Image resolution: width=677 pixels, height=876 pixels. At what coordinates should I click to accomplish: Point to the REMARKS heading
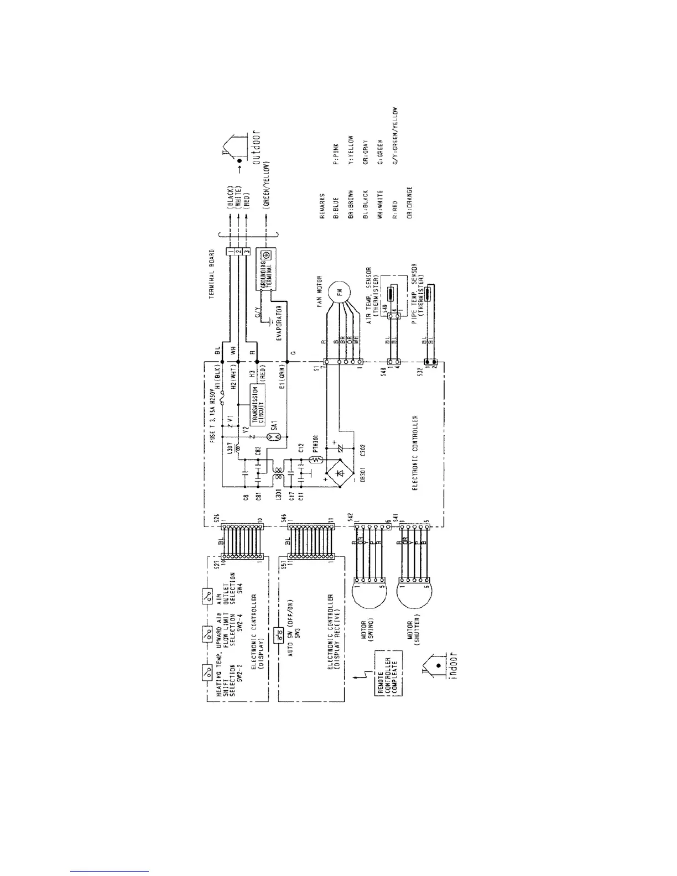point(321,210)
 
